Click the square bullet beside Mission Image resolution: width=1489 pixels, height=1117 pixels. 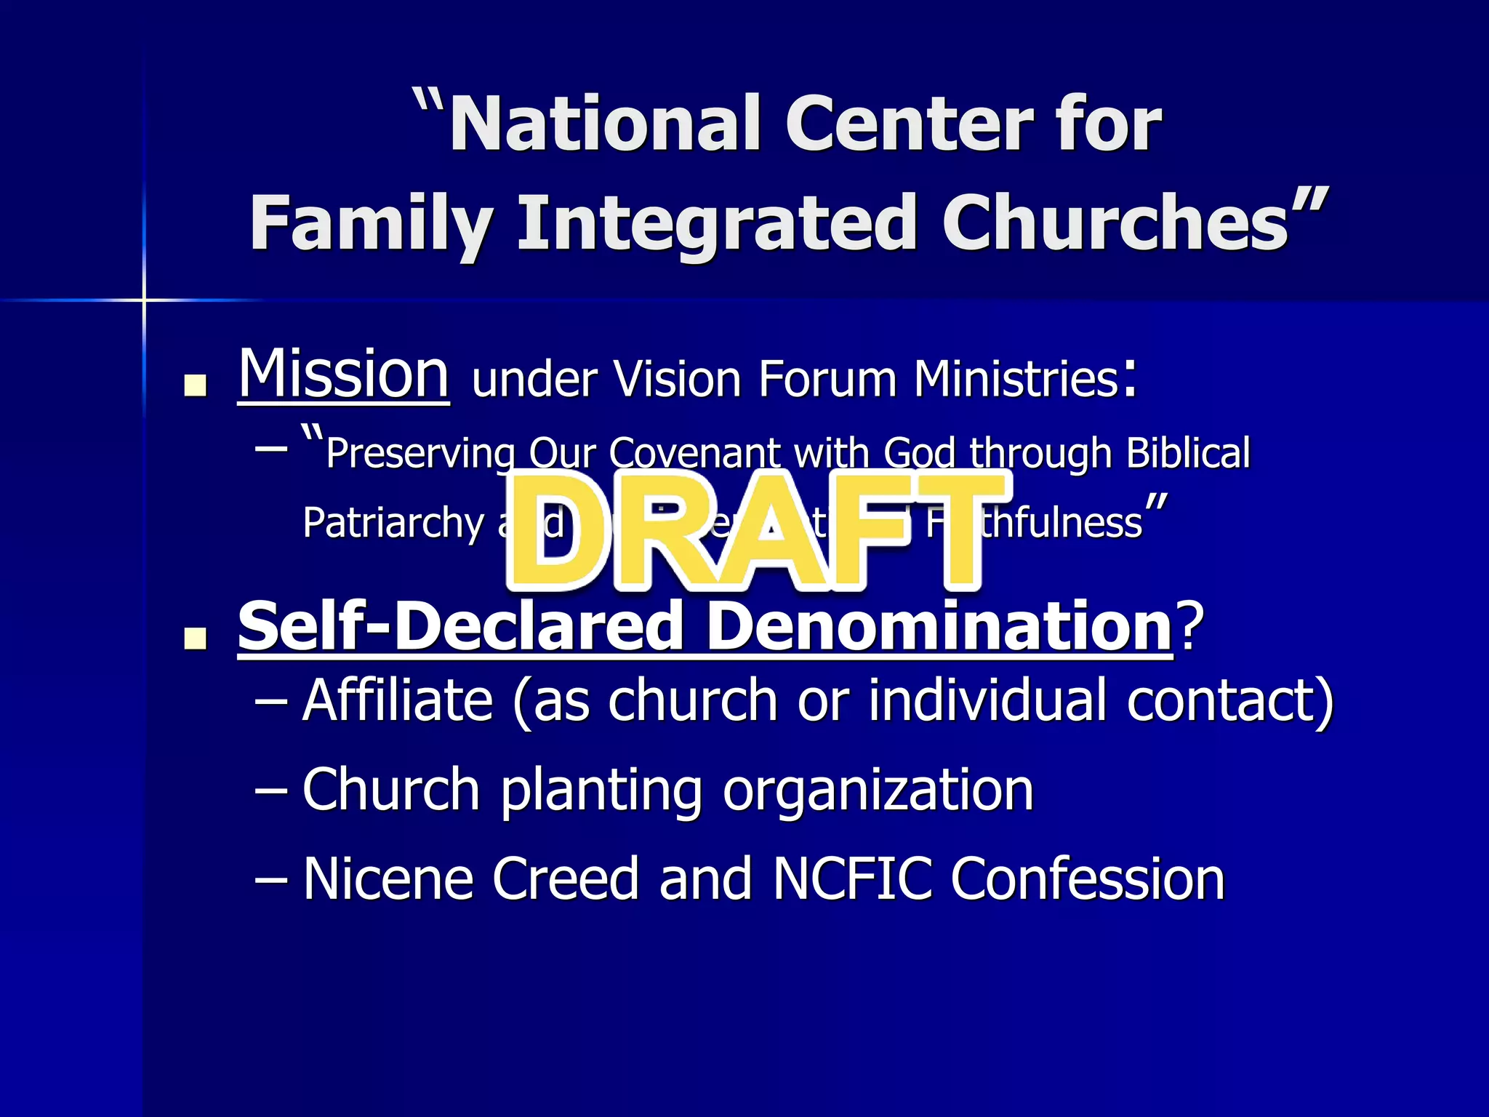[x=195, y=385]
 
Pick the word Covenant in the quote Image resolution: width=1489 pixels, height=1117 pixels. [x=694, y=454]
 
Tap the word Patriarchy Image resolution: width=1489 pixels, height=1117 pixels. [x=393, y=524]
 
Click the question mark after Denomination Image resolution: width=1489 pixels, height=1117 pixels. [x=1191, y=627]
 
